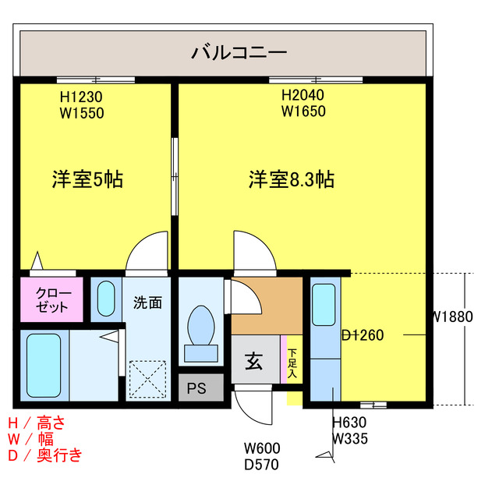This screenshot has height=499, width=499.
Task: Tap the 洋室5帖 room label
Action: (x=87, y=179)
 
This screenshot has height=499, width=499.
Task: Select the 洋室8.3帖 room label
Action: (x=292, y=179)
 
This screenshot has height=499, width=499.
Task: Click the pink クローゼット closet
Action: (x=51, y=299)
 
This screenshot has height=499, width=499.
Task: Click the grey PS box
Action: (x=196, y=388)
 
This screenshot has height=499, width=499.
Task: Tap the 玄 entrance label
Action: (x=254, y=361)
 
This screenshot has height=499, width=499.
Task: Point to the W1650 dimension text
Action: (x=303, y=111)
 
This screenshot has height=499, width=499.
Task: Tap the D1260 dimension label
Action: (x=363, y=335)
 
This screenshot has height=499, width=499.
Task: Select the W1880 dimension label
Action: (x=452, y=317)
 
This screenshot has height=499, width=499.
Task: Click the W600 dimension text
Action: (x=262, y=449)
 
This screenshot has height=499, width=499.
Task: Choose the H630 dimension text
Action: (x=349, y=423)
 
